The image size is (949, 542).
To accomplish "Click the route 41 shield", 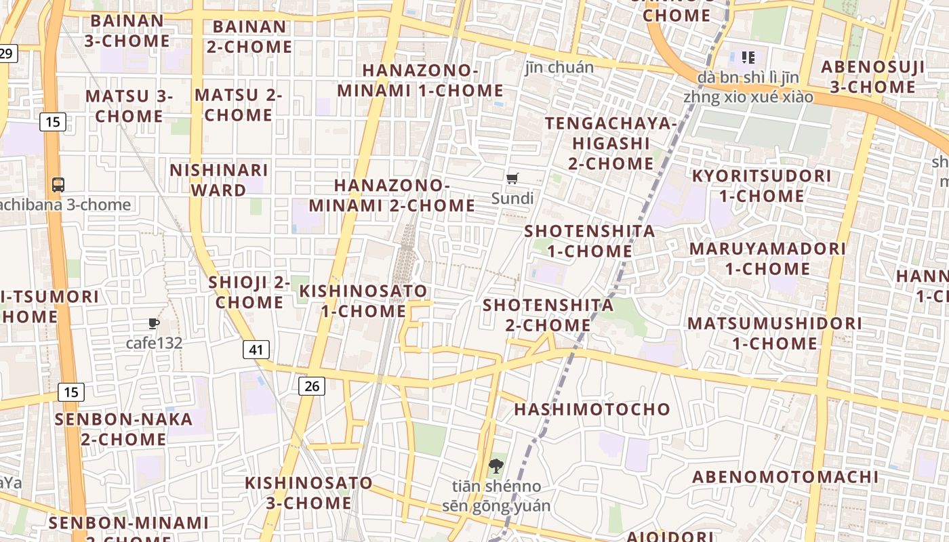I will (x=256, y=350).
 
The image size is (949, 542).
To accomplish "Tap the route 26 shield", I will (x=312, y=386).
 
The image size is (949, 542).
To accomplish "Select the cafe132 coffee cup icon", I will (x=154, y=324).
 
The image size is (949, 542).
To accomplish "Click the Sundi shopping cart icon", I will (x=512, y=179).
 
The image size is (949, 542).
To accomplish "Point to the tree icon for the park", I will (x=496, y=466).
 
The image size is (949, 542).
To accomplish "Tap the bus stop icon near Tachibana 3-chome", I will (x=58, y=184).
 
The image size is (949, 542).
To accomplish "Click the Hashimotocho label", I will (x=592, y=409).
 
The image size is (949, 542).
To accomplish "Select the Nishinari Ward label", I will (x=218, y=180).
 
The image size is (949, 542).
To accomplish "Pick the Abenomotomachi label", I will (x=785, y=476).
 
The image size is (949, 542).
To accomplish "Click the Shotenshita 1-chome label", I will (x=590, y=241).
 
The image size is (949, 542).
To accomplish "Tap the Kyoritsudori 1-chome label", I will (x=761, y=186).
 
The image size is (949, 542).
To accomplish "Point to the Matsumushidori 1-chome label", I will (x=775, y=333).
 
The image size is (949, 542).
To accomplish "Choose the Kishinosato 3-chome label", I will (x=308, y=493).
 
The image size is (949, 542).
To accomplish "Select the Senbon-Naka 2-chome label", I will (x=124, y=429).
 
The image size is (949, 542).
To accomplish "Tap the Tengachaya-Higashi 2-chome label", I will (x=611, y=143).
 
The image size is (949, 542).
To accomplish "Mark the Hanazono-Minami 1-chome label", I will (x=420, y=80).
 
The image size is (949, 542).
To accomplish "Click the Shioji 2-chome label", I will (x=249, y=292).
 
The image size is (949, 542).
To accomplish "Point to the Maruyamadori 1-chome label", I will (x=767, y=258).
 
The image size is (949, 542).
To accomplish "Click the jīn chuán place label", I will (x=559, y=67).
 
